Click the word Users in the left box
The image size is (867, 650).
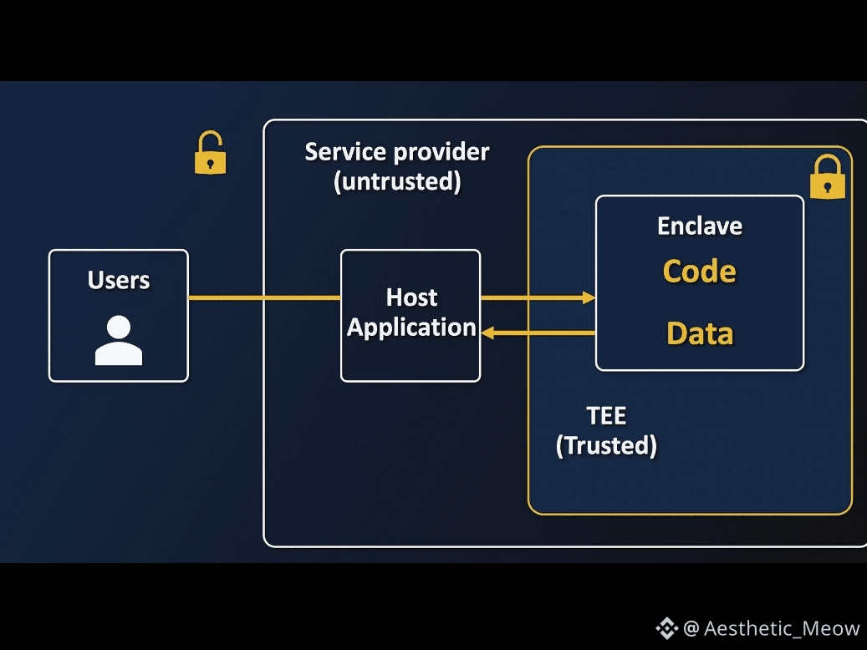click(x=119, y=280)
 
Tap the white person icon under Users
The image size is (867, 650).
click(x=119, y=341)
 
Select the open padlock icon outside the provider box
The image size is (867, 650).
click(x=210, y=154)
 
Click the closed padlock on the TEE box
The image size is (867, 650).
click(x=828, y=177)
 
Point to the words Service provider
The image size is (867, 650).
click(x=396, y=152)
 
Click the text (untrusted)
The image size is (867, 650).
click(x=396, y=181)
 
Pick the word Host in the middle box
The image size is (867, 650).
click(x=411, y=297)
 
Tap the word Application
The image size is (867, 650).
click(x=411, y=328)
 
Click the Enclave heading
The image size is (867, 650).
click(x=700, y=226)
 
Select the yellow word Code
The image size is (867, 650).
click(x=700, y=272)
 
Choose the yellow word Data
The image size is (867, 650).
click(x=700, y=334)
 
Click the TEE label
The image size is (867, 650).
click(x=606, y=415)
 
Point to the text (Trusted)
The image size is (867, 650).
click(x=606, y=445)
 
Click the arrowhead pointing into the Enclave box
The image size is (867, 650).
click(x=589, y=297)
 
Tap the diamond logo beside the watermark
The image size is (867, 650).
click(x=666, y=628)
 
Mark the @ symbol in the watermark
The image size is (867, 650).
click(x=691, y=629)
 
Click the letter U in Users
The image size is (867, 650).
click(x=95, y=280)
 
